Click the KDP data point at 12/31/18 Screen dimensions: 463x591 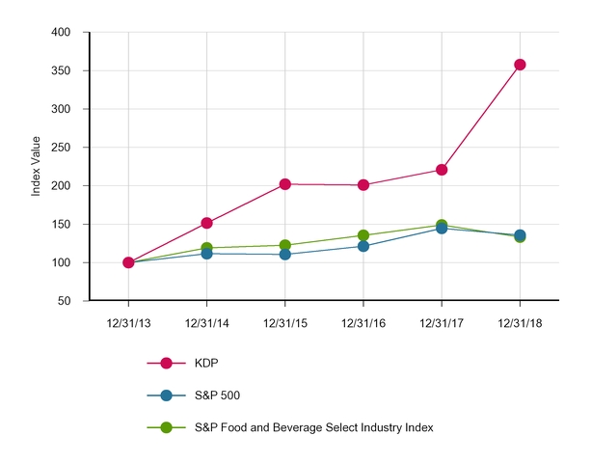click(x=520, y=65)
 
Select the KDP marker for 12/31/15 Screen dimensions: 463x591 click(x=285, y=184)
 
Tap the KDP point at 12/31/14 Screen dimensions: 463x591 click(x=206, y=223)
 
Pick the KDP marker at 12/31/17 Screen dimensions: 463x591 click(x=442, y=170)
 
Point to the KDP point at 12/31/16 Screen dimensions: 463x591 click(x=363, y=185)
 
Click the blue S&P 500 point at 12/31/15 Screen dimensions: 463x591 click(x=285, y=255)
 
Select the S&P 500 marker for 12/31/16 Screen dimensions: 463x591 click(x=363, y=246)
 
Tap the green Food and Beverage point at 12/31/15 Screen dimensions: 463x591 click(x=285, y=245)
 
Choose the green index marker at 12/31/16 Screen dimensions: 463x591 click(x=363, y=235)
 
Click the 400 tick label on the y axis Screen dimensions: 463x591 click(x=61, y=33)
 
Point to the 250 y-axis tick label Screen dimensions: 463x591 click(x=61, y=148)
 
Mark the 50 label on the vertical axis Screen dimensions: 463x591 click(x=64, y=301)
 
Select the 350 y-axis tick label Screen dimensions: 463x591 click(x=61, y=71)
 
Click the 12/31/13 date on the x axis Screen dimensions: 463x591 click(x=128, y=323)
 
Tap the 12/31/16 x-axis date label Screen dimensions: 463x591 click(x=363, y=323)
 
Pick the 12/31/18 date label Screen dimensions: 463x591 click(x=520, y=323)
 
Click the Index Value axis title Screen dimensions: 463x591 click(x=36, y=167)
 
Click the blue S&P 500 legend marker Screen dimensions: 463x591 click(x=166, y=395)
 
